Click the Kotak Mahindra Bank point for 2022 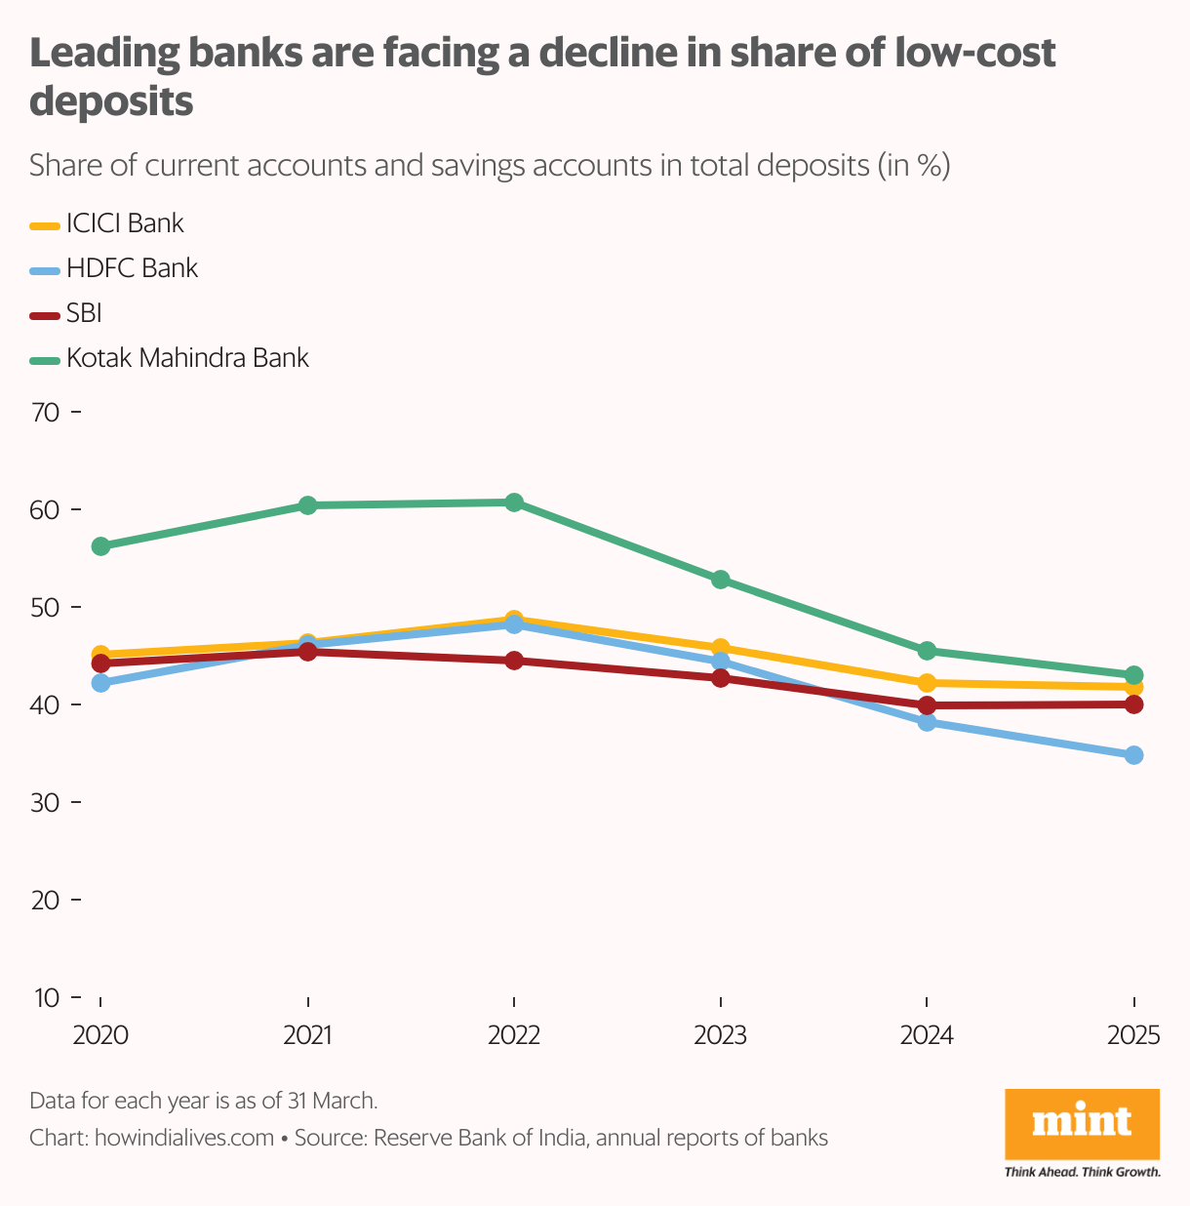pos(514,502)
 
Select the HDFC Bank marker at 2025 pos(1133,755)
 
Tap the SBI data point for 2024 pos(927,705)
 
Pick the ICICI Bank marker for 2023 pos(721,647)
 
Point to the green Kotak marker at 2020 pos(100,546)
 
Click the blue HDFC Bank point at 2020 pos(100,683)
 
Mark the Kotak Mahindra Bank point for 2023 pos(721,580)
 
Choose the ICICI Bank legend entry pos(125,223)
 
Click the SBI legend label pos(84,313)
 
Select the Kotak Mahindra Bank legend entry pos(187,358)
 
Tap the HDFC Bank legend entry pos(132,268)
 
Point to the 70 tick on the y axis pos(46,413)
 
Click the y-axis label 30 pos(46,803)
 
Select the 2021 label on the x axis pos(307,1035)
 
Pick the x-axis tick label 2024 pos(927,1035)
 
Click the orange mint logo pos(1082,1123)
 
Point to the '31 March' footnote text pos(333,1101)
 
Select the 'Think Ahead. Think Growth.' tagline pos(1082,1171)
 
